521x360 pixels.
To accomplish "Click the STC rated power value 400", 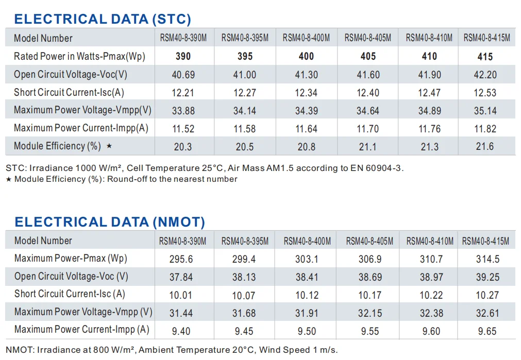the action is [306, 57].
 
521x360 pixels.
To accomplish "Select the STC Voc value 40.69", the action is [183, 75].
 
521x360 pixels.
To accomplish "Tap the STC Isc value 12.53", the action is [485, 93].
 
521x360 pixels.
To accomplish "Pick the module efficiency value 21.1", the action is [367, 146].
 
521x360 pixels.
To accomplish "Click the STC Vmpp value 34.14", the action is [245, 111].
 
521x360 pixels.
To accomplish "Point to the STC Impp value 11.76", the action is [429, 129].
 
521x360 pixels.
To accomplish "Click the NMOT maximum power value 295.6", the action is [181, 259].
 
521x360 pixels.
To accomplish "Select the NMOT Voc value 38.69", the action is [370, 277].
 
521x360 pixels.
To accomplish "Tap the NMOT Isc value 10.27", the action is [487, 295].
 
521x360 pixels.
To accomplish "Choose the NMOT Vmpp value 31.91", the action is [307, 313].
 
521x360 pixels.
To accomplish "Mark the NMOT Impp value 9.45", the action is [244, 331].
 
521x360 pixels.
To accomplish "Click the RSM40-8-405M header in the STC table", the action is [367, 38].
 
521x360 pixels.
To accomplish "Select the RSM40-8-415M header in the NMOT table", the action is [485, 241].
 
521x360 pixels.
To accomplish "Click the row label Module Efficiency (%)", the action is [57, 146].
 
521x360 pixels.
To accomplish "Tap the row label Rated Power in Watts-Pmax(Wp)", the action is [79, 57].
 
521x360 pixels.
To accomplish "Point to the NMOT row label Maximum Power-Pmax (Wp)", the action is [71, 259].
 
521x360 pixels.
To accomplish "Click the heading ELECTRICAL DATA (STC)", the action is [103, 19].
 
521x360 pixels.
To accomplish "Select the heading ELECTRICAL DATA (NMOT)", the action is [110, 222].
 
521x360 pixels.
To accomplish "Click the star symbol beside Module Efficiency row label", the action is [109, 145].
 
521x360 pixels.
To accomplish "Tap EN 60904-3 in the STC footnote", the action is [376, 168].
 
